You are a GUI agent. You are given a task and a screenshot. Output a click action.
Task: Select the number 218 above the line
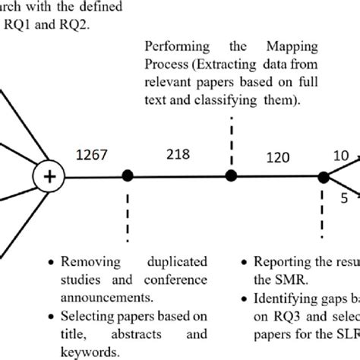(177, 156)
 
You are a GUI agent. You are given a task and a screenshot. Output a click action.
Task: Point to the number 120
(278, 160)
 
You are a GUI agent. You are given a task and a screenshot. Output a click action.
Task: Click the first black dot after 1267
(128, 176)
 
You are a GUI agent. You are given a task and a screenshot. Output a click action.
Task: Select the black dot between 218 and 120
(231, 176)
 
